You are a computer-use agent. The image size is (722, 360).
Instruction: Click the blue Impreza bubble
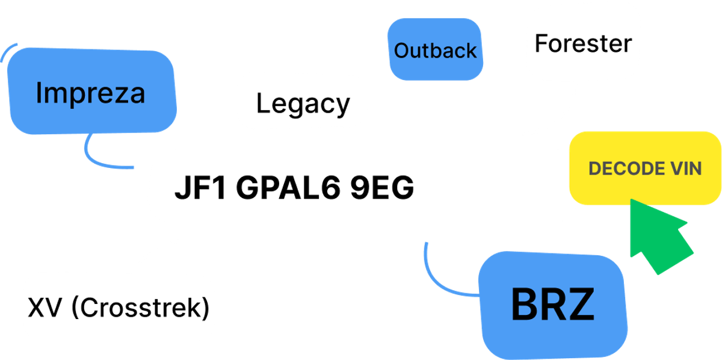(92, 91)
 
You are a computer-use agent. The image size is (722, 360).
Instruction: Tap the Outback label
(435, 51)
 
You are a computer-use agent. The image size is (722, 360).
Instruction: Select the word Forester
(583, 43)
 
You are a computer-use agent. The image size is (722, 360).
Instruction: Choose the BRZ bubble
(553, 305)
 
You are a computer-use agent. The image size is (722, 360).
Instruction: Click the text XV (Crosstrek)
(119, 308)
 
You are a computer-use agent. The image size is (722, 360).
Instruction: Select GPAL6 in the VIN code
(288, 187)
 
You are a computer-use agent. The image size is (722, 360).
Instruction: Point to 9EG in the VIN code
(382, 187)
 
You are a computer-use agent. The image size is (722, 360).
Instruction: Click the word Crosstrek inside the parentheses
(140, 308)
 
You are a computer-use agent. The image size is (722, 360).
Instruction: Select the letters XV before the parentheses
(45, 308)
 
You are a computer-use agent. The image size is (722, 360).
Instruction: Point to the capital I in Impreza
(39, 93)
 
